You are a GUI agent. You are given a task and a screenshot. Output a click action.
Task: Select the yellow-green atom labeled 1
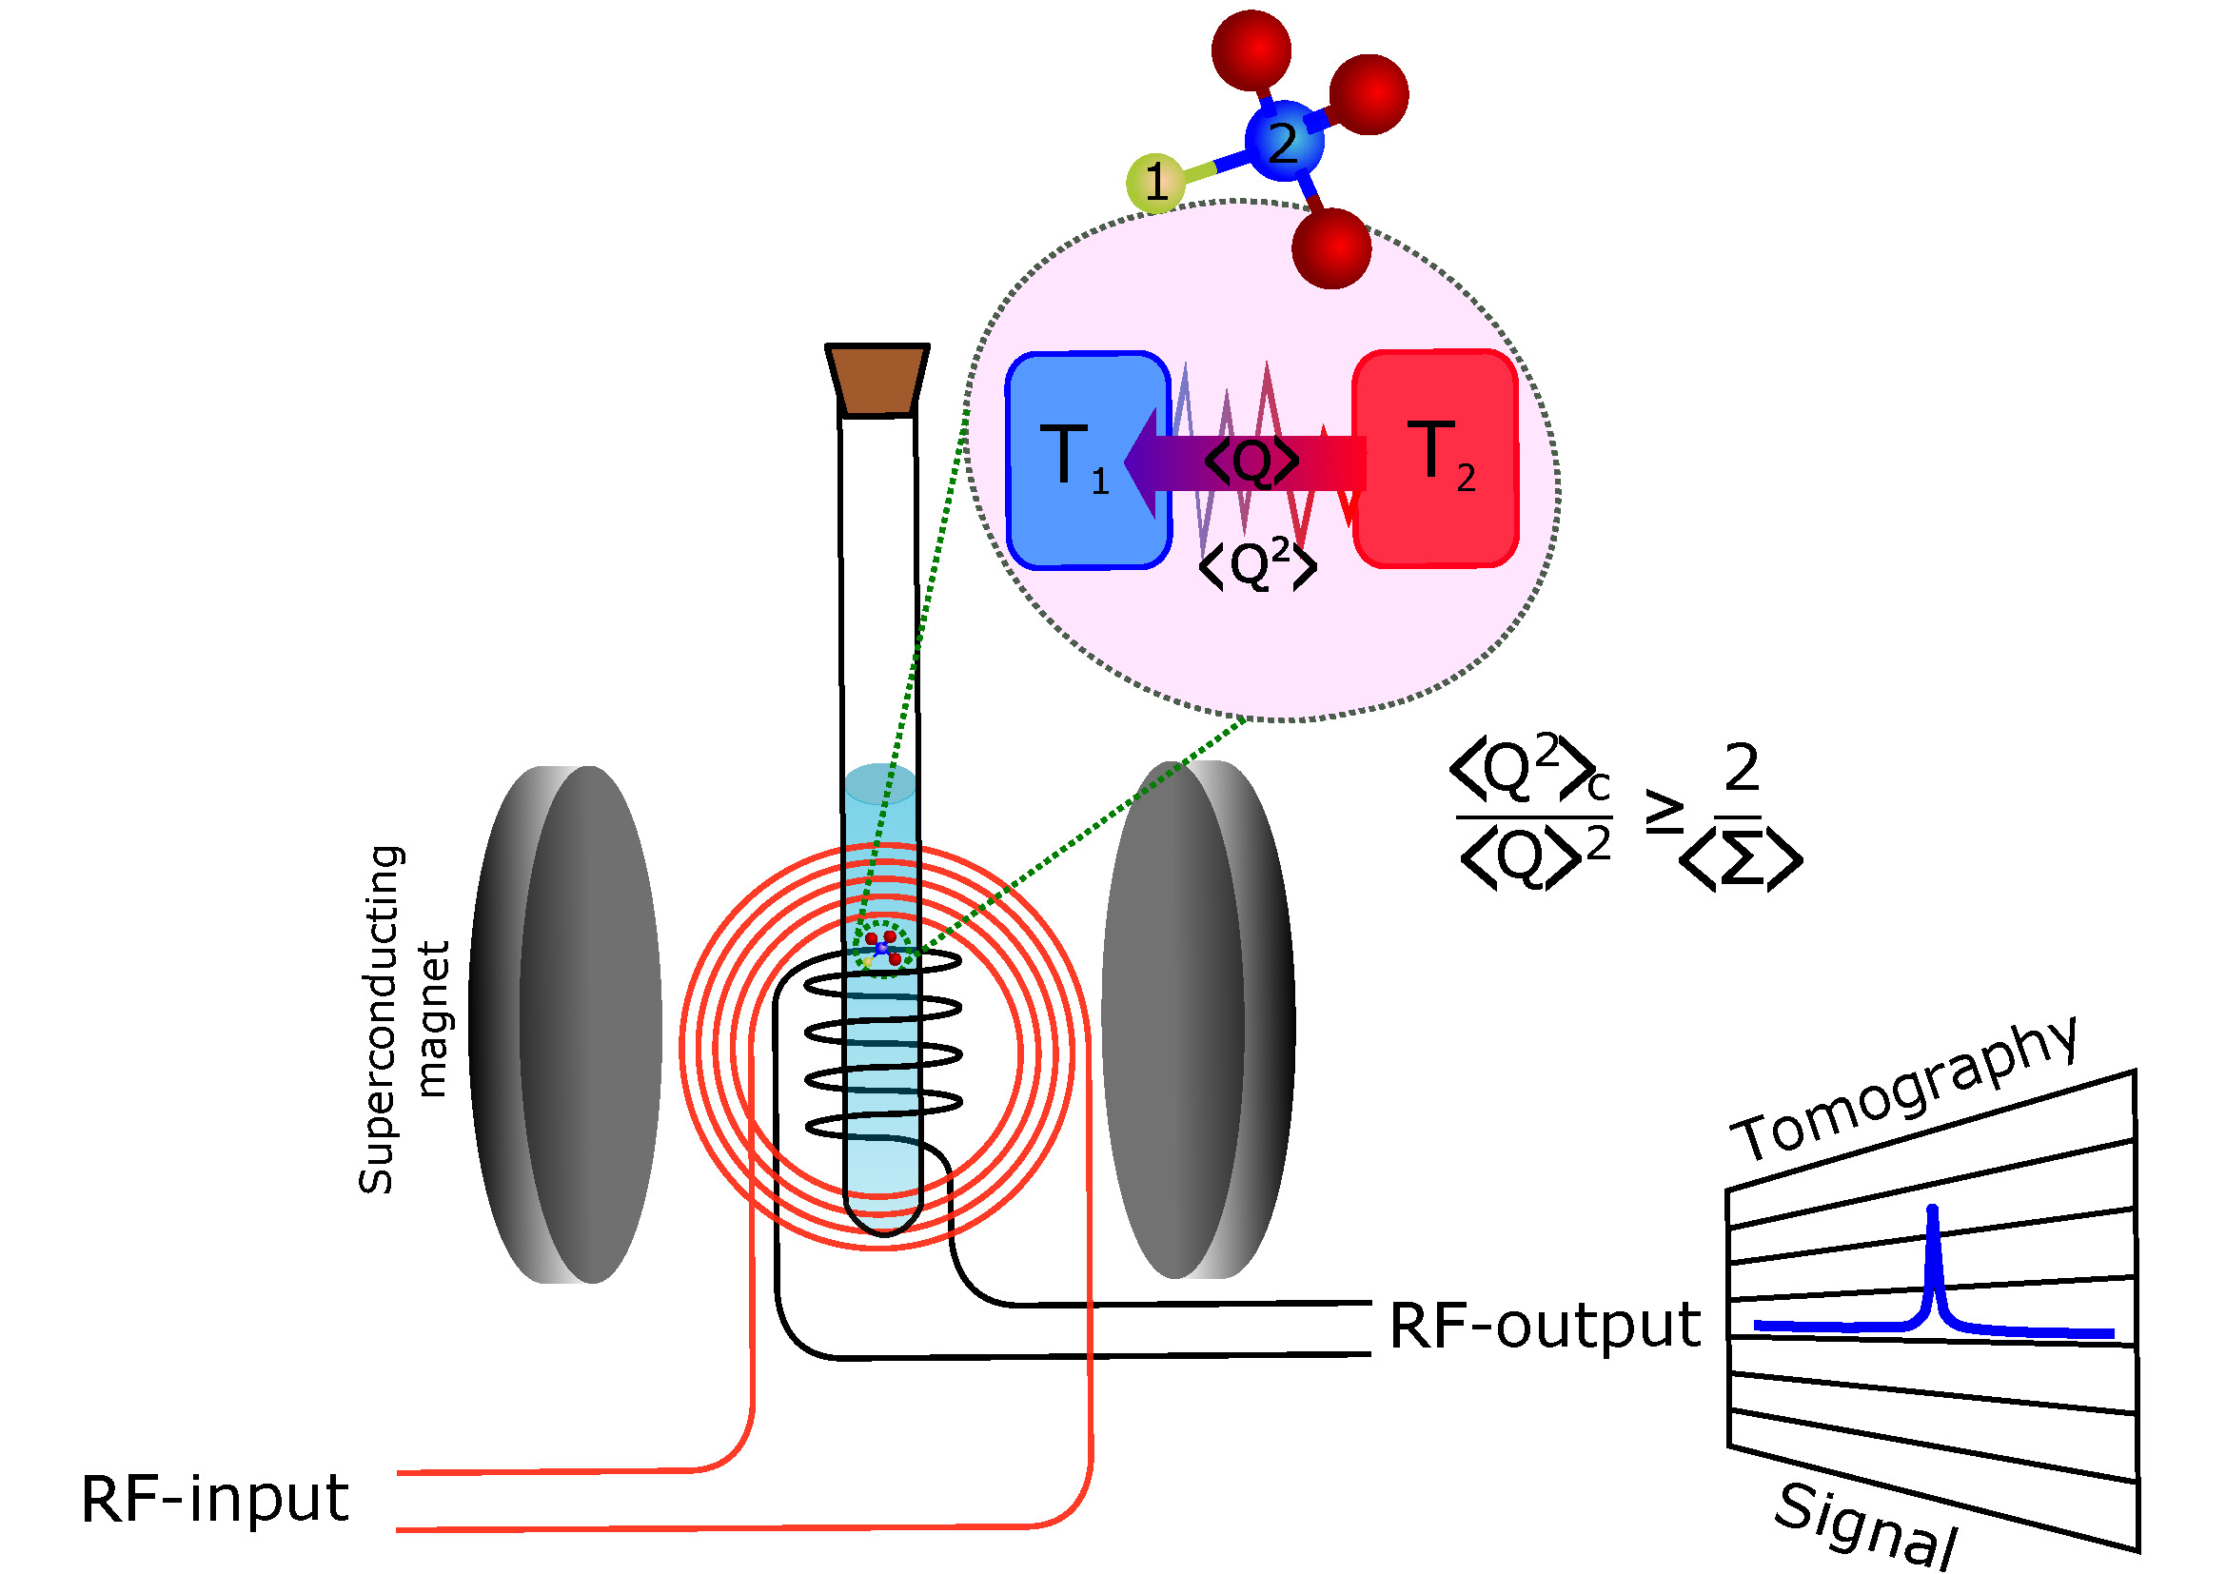1154,182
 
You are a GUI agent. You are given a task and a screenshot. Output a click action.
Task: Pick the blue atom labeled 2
1284,143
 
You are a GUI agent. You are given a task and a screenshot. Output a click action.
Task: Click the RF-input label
214,1499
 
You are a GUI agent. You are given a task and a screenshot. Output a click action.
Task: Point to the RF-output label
1545,1325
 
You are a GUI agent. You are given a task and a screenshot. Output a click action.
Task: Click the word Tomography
1906,1091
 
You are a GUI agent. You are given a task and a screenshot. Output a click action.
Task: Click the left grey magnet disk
567,1025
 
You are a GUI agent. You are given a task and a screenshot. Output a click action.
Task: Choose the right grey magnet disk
1197,1019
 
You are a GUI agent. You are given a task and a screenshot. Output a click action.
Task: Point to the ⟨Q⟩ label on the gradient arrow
1251,462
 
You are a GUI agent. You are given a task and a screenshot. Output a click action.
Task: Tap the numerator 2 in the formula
1742,768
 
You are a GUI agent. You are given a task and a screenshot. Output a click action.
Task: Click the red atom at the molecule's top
1251,49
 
